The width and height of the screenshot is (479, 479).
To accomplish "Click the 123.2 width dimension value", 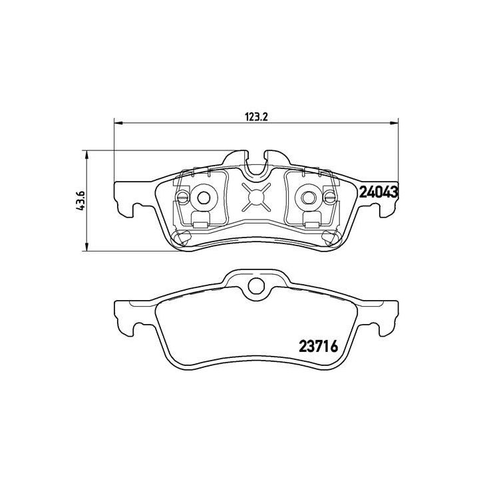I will (x=255, y=116).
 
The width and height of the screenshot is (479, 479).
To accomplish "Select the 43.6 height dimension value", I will (x=81, y=200).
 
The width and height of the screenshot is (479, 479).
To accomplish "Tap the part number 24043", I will (x=378, y=192).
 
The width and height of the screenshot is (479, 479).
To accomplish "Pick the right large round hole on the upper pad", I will (x=307, y=196).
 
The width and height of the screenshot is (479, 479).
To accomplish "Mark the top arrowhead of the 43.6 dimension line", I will (x=86, y=154).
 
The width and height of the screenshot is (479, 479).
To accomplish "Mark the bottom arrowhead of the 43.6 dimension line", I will (x=86, y=247).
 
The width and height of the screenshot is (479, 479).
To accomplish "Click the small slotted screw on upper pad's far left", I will (x=182, y=196).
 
